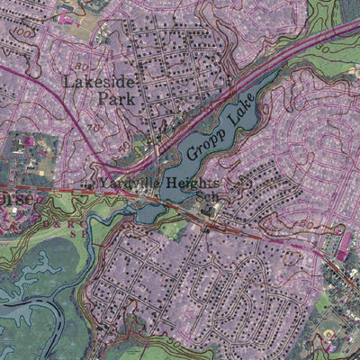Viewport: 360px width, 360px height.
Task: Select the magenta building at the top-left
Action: (66, 17)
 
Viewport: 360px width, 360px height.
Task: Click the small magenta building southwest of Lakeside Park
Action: (30, 141)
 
